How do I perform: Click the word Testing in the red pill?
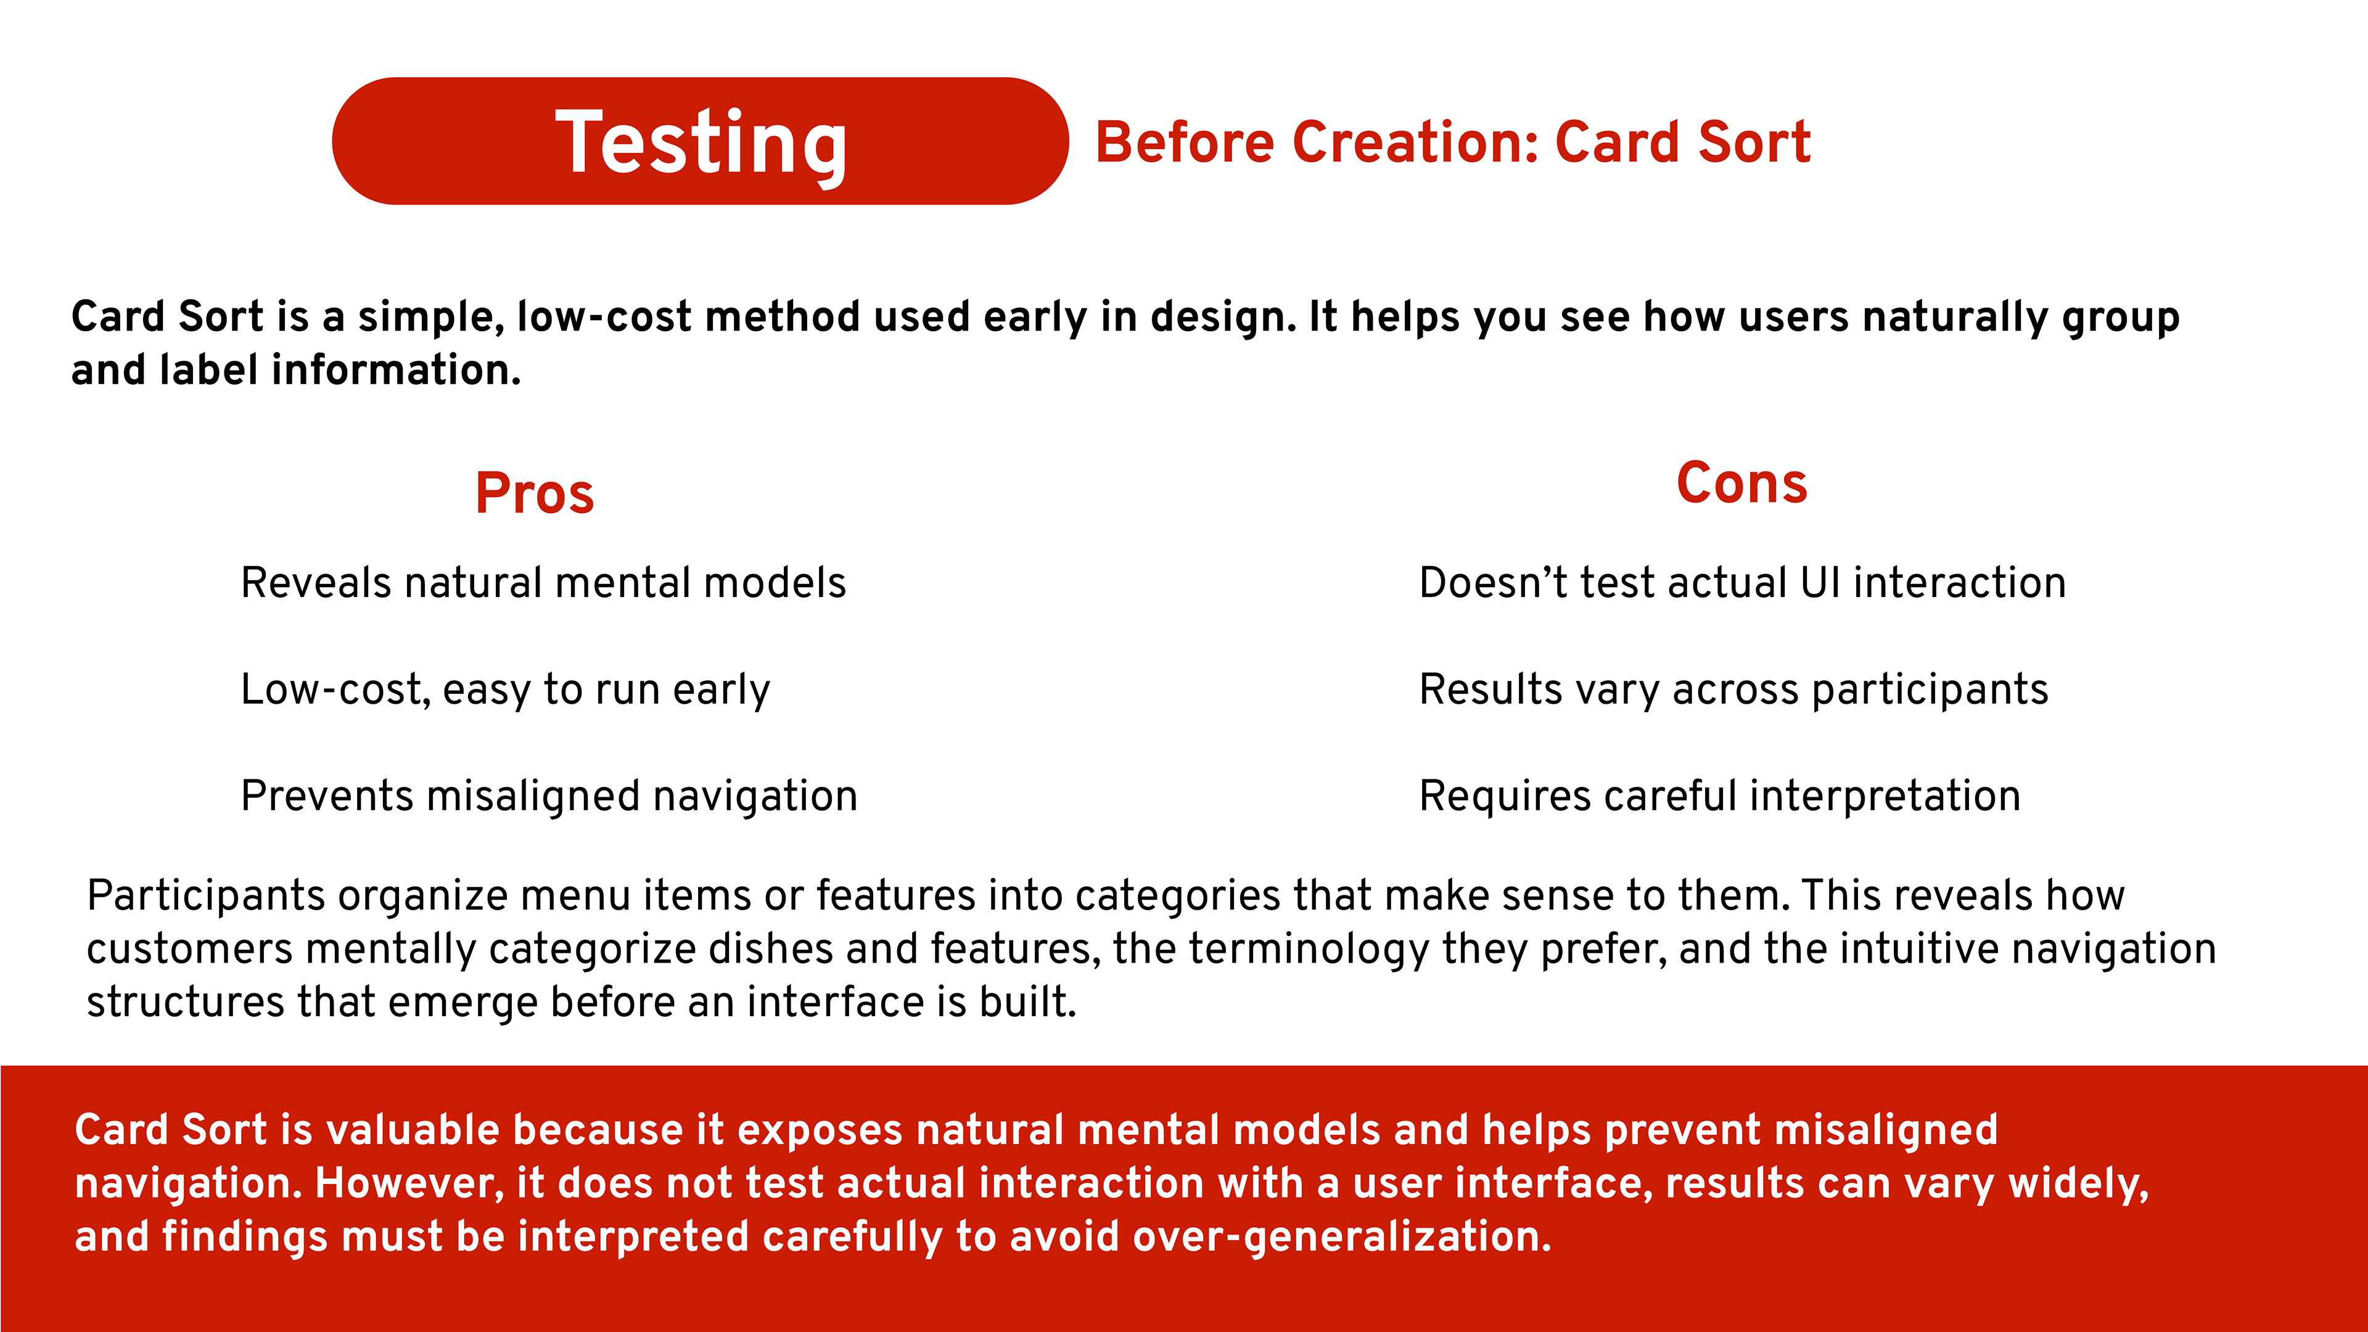coord(701,142)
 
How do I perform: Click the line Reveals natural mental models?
coord(543,583)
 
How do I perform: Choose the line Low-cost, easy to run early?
coord(506,689)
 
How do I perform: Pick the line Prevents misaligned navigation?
coord(549,796)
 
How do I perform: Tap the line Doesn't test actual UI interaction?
coord(1742,583)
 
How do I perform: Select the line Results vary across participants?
coord(1733,689)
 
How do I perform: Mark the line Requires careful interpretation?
coord(1720,796)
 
